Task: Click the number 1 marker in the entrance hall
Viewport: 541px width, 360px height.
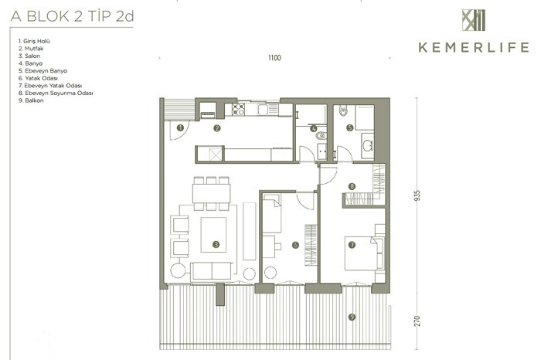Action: coord(180,128)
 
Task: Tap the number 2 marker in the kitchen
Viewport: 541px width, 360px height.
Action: coord(216,128)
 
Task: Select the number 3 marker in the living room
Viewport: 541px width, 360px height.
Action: coord(216,244)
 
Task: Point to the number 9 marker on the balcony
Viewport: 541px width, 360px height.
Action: coord(352,317)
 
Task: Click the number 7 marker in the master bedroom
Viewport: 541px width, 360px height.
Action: coord(352,245)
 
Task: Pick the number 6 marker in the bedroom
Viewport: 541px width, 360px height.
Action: coord(295,245)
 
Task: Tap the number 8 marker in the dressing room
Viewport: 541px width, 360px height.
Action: coord(352,186)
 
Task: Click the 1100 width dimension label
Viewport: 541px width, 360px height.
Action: coord(274,58)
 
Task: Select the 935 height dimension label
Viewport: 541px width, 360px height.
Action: coord(417,195)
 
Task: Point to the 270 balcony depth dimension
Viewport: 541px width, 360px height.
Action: coord(417,321)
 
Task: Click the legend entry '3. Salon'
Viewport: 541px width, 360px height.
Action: coord(29,56)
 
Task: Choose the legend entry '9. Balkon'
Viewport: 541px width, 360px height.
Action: coord(31,100)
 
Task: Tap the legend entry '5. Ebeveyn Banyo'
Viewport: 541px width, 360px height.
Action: coord(43,71)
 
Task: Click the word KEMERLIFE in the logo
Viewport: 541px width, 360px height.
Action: coord(474,47)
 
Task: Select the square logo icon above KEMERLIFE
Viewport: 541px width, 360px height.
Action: coord(474,20)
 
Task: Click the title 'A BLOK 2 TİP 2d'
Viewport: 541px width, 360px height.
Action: coord(72,16)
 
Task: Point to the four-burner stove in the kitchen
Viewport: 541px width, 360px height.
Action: coord(238,109)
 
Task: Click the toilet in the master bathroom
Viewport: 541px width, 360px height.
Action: coord(343,110)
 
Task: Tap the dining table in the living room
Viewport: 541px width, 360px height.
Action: coord(212,193)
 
